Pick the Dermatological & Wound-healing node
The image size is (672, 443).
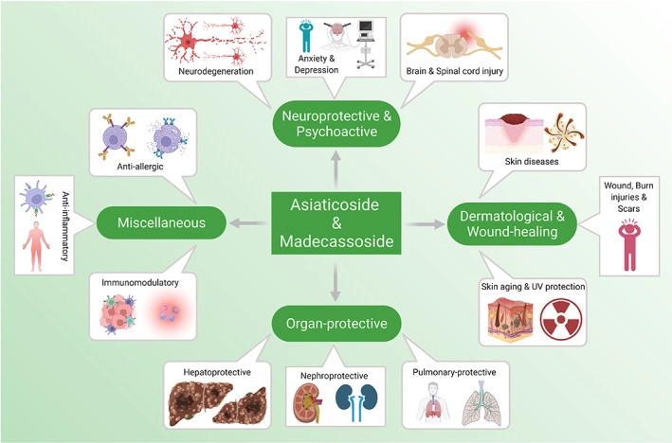(511, 223)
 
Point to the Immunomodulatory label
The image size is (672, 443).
(136, 282)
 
